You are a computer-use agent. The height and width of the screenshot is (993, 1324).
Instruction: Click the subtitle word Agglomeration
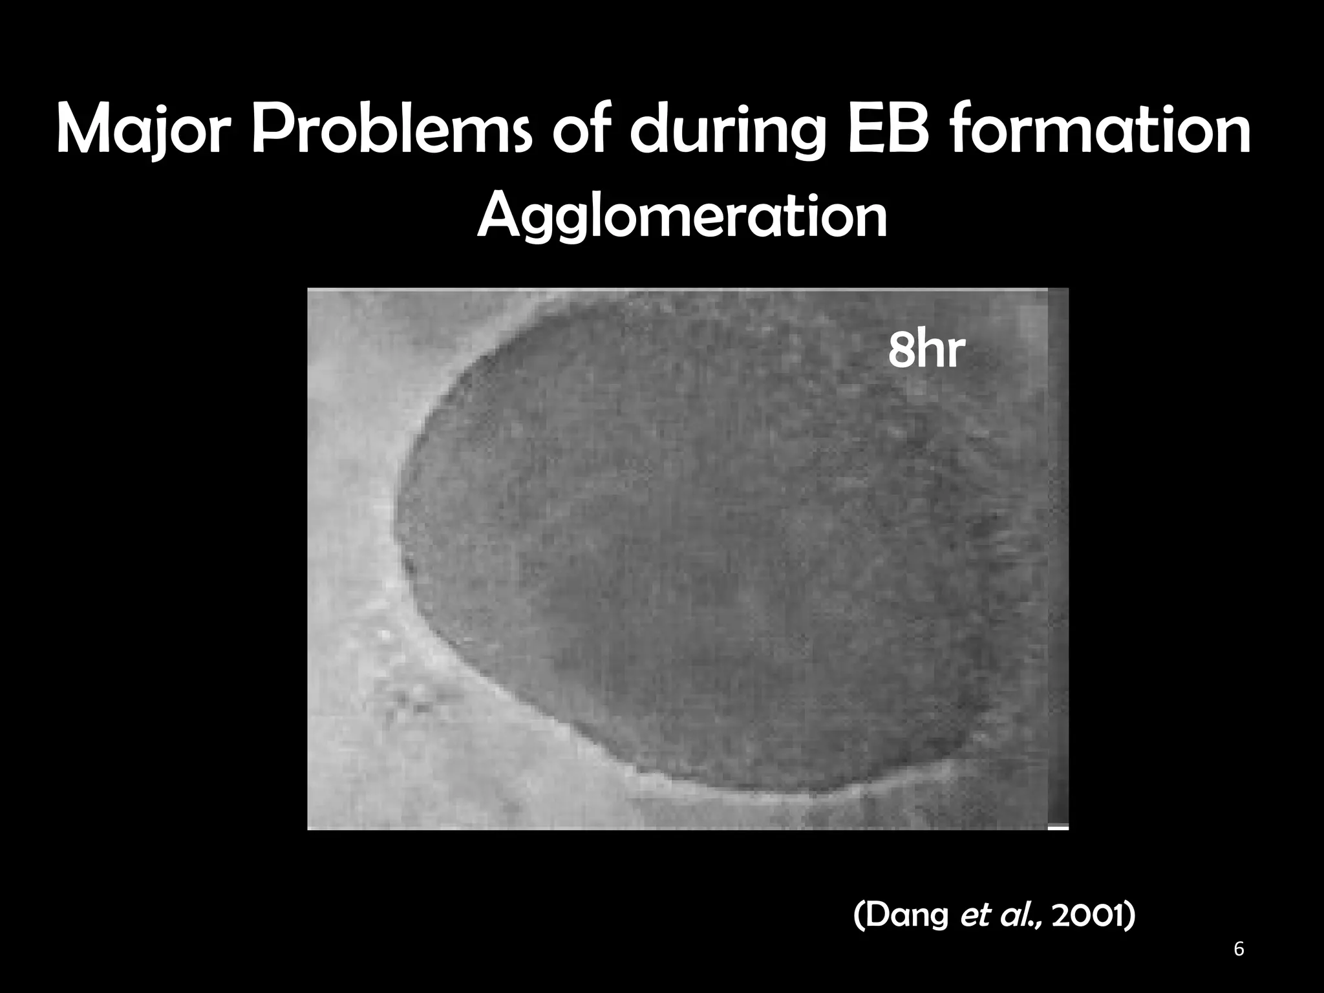[x=682, y=217]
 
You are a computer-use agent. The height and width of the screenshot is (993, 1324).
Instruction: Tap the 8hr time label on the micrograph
[x=926, y=350]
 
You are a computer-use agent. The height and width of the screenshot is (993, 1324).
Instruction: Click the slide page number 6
[x=1239, y=950]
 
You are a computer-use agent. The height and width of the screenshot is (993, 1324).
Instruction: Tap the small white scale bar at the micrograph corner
[x=1058, y=827]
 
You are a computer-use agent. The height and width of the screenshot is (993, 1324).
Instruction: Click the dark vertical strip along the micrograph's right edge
[x=1058, y=556]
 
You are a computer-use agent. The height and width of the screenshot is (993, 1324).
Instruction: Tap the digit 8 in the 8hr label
[x=900, y=350]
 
